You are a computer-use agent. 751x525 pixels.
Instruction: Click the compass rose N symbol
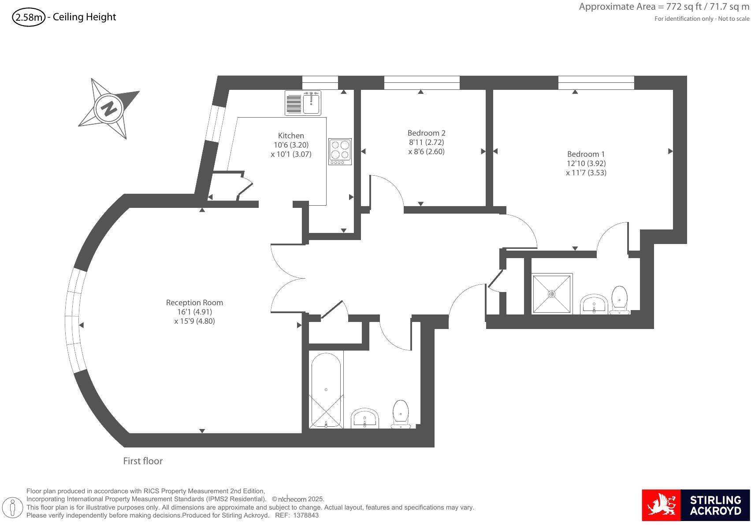point(108,108)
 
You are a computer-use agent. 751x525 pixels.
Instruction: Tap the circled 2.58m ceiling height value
point(29,18)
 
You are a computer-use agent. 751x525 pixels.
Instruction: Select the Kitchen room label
point(291,136)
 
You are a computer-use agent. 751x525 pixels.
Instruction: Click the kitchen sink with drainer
point(303,103)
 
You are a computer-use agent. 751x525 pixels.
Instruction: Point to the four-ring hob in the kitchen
point(340,152)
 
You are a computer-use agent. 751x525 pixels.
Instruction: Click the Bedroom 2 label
point(426,133)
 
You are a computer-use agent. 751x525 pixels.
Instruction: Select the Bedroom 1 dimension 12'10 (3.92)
point(586,163)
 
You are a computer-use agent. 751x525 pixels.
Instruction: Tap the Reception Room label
point(194,303)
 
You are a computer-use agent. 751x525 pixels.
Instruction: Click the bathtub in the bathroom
point(326,390)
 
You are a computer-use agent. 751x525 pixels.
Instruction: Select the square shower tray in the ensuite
point(552,294)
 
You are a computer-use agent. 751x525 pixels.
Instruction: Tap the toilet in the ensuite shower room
point(620,300)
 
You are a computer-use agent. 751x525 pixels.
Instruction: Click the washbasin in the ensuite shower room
point(594,304)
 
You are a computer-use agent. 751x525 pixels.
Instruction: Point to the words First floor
point(143,461)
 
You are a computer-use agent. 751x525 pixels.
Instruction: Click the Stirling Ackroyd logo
point(695,505)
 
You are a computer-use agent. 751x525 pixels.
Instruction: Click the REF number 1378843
point(306,515)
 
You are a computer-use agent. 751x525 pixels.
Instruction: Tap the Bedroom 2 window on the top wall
point(421,82)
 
